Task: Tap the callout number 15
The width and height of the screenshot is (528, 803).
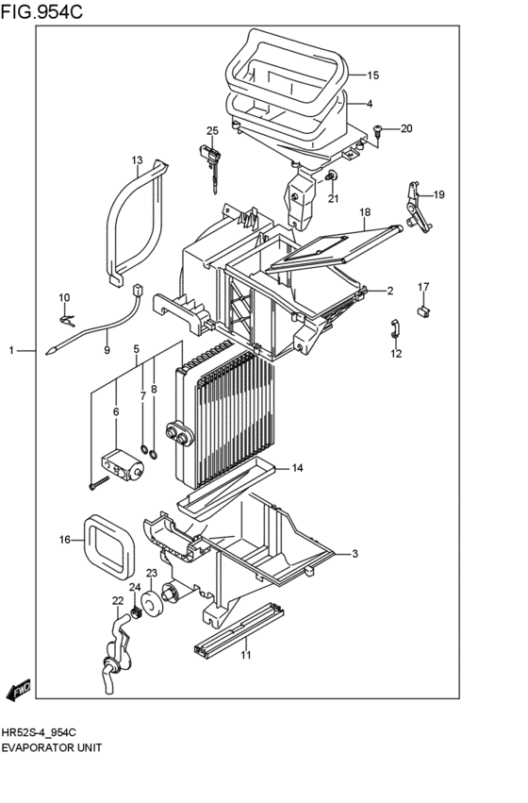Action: (x=372, y=75)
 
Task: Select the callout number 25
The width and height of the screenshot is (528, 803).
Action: (x=212, y=130)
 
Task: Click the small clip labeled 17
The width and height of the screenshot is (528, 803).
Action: (x=423, y=308)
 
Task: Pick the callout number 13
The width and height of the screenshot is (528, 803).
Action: (x=136, y=160)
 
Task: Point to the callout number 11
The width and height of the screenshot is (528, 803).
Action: (x=245, y=655)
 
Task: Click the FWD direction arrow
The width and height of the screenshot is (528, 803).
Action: (x=19, y=692)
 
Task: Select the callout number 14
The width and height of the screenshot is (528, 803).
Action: (x=297, y=468)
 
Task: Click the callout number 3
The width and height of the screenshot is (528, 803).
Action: (x=355, y=553)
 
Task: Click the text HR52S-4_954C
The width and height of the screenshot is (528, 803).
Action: (x=39, y=732)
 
